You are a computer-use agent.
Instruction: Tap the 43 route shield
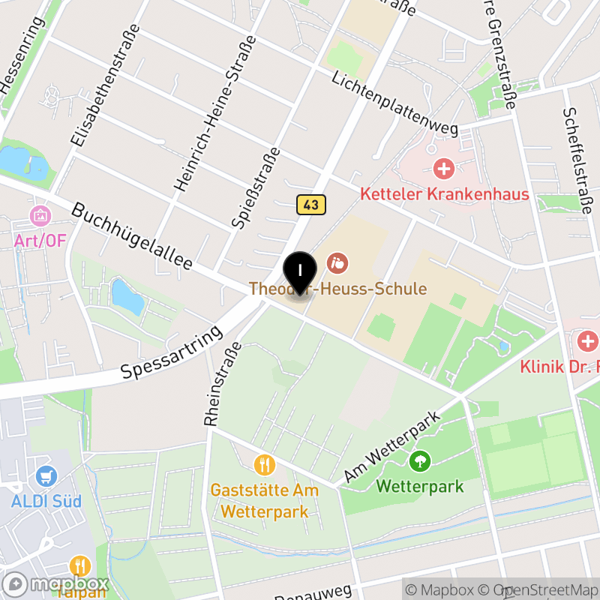click(311, 204)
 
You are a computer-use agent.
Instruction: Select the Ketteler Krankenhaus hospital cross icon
click(444, 168)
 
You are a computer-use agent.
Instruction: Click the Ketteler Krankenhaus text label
click(444, 194)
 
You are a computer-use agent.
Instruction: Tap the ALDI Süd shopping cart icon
click(46, 475)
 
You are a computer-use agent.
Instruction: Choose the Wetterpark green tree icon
click(420, 460)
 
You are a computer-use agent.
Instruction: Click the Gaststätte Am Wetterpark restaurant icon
click(264, 466)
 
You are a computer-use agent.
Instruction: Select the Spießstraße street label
click(256, 187)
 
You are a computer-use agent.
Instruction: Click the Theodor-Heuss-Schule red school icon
click(337, 263)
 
